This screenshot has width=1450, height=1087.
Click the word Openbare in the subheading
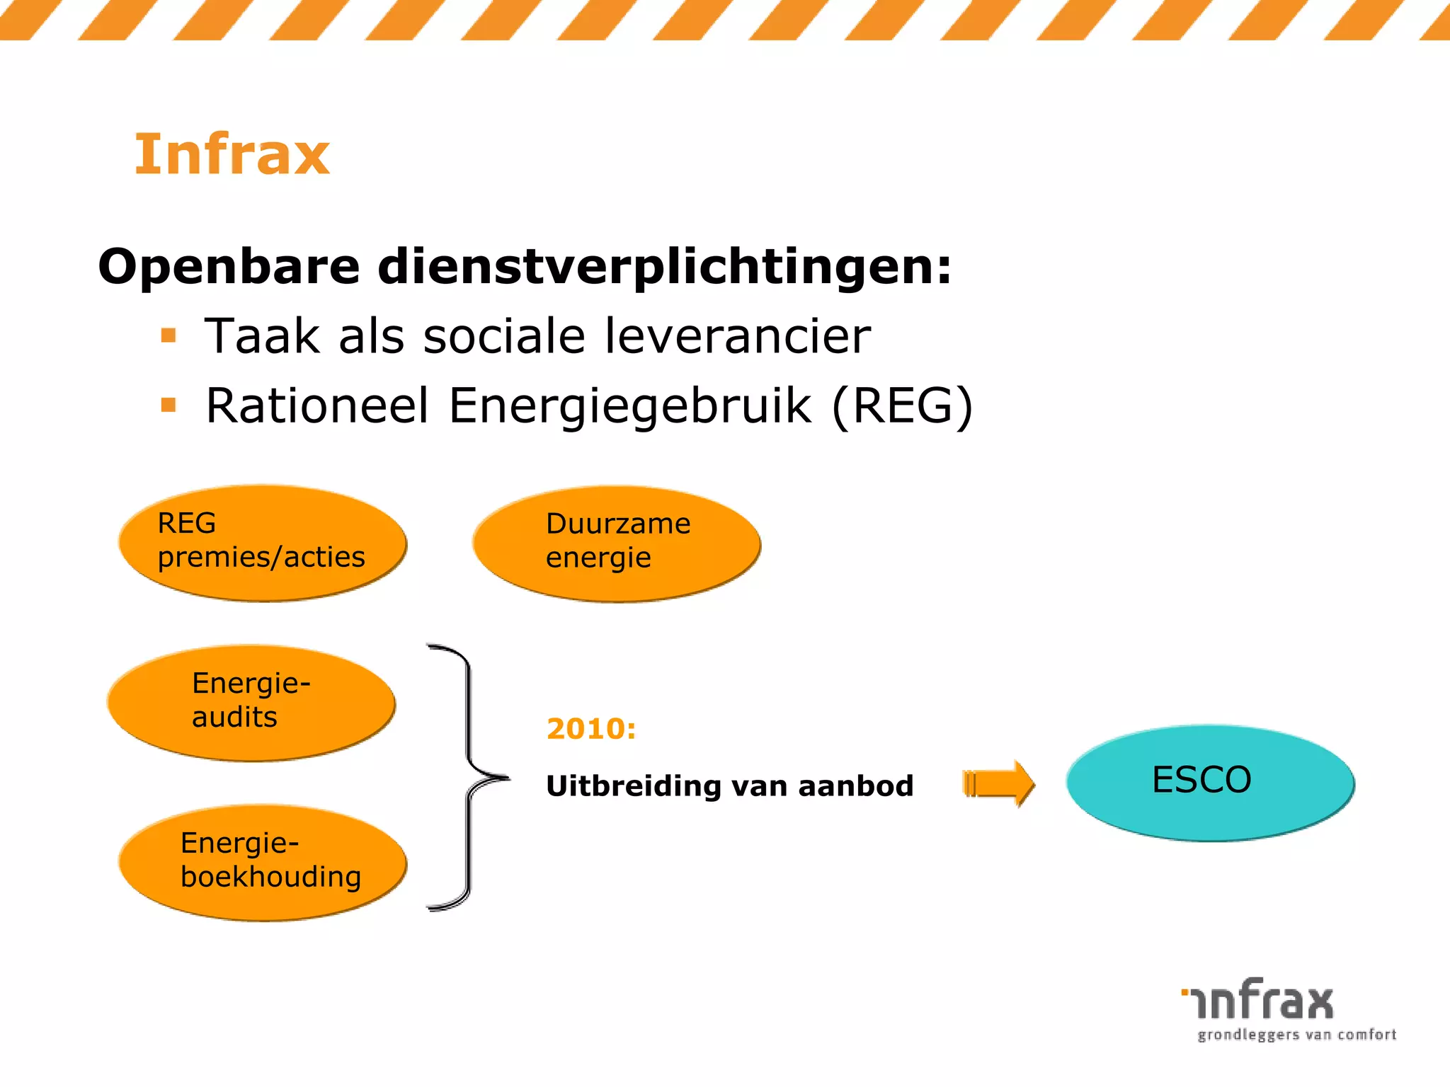pyautogui.click(x=229, y=268)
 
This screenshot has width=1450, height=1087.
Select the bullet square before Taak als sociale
pyautogui.click(x=169, y=335)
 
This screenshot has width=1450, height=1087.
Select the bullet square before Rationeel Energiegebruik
pyautogui.click(x=169, y=405)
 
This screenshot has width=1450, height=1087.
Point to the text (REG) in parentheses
pyautogui.click(x=902, y=406)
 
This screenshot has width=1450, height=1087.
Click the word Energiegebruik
pyautogui.click(x=630, y=408)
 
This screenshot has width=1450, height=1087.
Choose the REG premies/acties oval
pyautogui.click(x=262, y=543)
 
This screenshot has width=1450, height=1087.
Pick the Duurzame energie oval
pyautogui.click(x=616, y=543)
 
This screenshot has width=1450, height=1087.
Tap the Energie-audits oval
pyautogui.click(x=251, y=703)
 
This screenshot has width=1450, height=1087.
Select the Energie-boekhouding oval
pyautogui.click(x=263, y=862)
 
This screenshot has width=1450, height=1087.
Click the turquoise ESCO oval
pyautogui.click(x=1209, y=782)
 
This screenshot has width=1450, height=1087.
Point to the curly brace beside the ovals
pyautogui.click(x=467, y=778)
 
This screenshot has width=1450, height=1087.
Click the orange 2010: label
pyautogui.click(x=591, y=729)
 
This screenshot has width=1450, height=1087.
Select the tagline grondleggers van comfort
pyautogui.click(x=1296, y=1035)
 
